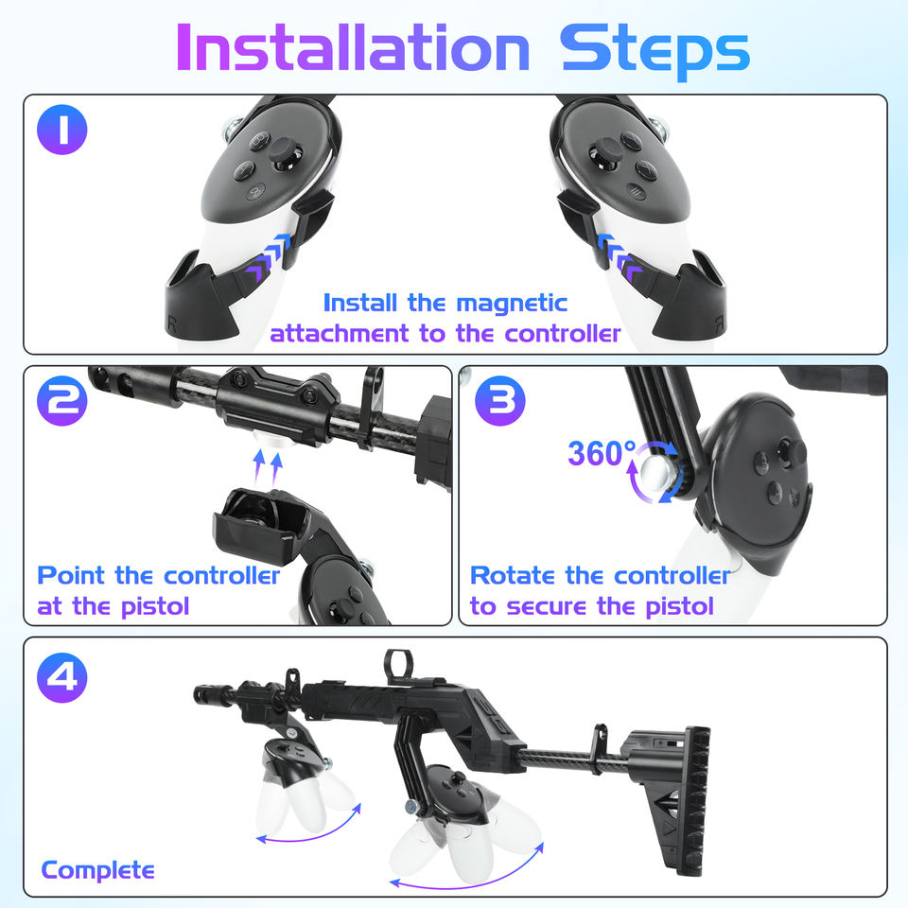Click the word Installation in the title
[353, 47]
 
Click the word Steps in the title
[655, 51]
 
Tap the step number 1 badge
[62, 130]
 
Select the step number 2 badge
[62, 401]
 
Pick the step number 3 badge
[499, 401]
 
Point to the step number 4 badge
[62, 677]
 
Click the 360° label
[602, 453]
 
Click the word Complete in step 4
[97, 871]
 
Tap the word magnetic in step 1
[512, 304]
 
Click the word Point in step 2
[71, 576]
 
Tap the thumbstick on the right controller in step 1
[604, 153]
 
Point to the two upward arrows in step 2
[268, 469]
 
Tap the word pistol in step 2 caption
[154, 607]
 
